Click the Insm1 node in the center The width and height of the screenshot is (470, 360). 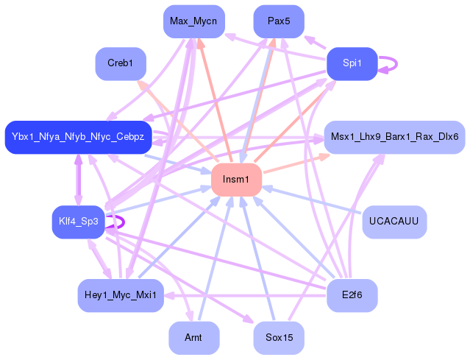click(x=237, y=180)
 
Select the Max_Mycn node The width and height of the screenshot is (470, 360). click(x=193, y=21)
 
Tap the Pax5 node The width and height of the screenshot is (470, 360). click(x=279, y=21)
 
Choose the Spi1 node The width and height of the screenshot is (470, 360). click(x=352, y=63)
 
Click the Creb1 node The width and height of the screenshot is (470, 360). click(x=121, y=63)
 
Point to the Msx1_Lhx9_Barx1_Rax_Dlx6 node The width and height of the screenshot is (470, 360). click(x=394, y=137)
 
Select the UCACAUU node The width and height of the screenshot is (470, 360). click(x=394, y=222)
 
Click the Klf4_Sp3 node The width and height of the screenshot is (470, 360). click(x=79, y=222)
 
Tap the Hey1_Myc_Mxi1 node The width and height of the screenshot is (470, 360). click(x=121, y=295)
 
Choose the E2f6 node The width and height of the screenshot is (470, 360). click(x=352, y=295)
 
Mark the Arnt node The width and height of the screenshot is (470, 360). click(x=193, y=338)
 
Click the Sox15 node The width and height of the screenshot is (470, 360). click(x=279, y=338)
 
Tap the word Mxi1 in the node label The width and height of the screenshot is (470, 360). click(x=144, y=295)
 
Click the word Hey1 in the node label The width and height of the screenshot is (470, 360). click(x=96, y=295)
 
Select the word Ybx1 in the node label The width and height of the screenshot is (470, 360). click(x=22, y=137)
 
